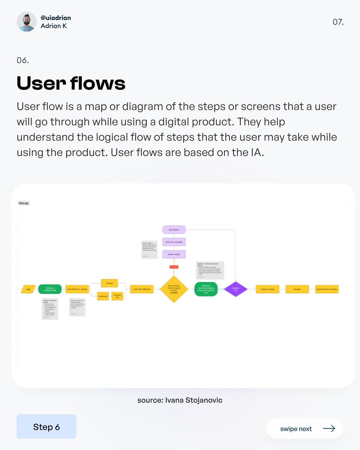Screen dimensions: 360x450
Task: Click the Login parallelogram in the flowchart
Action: (28, 289)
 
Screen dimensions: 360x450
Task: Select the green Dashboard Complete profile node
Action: (50, 289)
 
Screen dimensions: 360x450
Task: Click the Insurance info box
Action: (117, 296)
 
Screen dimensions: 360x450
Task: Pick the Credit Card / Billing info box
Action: (142, 289)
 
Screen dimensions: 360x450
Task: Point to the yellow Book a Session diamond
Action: (174, 289)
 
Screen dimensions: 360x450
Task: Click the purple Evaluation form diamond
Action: (236, 289)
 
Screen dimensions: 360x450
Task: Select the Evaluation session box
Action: (267, 289)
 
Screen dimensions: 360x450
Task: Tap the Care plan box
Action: (297, 289)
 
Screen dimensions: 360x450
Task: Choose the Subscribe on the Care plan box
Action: (327, 289)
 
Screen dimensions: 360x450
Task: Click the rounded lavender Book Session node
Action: (174, 229)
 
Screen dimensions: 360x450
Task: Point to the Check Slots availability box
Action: (174, 242)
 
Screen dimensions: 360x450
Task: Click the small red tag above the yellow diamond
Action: (174, 267)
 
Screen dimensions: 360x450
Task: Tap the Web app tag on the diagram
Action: (24, 203)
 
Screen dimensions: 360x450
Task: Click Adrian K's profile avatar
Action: (27, 21)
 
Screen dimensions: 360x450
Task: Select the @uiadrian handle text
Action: (55, 18)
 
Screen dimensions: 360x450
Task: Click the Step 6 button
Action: (46, 427)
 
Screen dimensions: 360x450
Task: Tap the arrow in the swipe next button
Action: (329, 429)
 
